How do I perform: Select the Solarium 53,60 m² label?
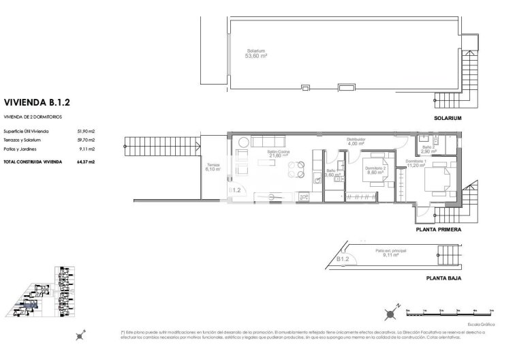coord(255,53)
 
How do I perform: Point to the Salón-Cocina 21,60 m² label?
coord(277,153)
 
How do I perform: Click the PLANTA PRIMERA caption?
coord(439,230)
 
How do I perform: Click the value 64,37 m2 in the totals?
coord(86,162)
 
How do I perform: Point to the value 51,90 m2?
coord(86,131)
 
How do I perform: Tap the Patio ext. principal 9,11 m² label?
coord(388,253)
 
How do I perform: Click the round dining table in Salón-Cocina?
coord(293,168)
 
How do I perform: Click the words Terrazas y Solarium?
coord(22,140)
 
